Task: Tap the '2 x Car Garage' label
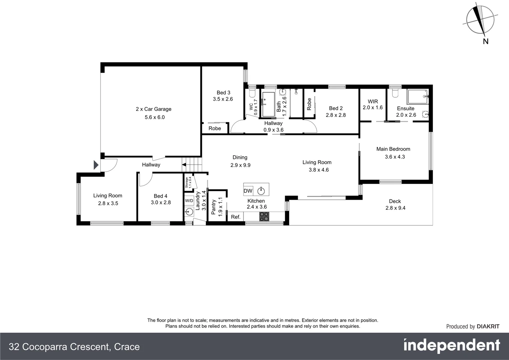tap(154, 109)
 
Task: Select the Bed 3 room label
tap(223, 93)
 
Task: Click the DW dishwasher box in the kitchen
tap(248, 191)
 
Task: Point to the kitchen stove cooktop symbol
tap(264, 216)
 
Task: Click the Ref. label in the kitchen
tap(236, 217)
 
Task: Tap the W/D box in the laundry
tap(189, 201)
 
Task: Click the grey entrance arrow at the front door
tap(96, 165)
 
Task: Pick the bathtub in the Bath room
tap(268, 104)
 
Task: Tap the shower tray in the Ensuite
tap(417, 97)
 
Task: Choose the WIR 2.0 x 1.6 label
tap(372, 104)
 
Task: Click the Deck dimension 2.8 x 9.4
tap(395, 208)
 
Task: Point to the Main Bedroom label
tap(393, 149)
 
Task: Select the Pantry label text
tap(214, 207)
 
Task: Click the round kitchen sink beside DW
tap(261, 191)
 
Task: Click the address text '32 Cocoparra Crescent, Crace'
tap(74, 347)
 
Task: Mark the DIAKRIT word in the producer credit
tap(488, 327)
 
